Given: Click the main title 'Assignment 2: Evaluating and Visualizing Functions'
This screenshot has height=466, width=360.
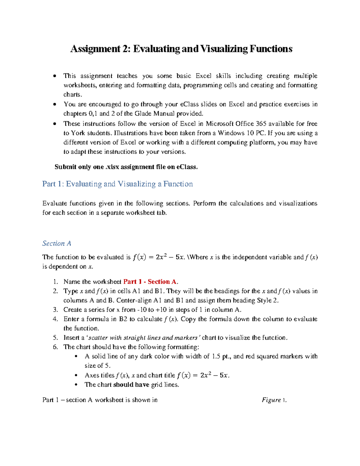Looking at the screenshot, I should [181, 49].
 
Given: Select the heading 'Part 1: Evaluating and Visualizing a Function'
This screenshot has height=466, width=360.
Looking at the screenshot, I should [117, 184].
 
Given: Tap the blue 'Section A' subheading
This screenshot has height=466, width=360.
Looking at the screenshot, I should [57, 243].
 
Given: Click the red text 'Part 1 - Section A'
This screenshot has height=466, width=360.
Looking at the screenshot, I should [150, 282].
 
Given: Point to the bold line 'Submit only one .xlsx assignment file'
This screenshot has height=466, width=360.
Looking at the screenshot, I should [126, 167].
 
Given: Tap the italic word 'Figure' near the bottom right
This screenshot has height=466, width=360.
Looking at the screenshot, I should [271, 400].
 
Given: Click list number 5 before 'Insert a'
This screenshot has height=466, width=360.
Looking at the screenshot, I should [55, 338].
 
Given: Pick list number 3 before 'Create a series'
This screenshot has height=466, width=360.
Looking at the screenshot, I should [55, 310].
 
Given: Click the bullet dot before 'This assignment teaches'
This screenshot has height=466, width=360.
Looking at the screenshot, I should [54, 76].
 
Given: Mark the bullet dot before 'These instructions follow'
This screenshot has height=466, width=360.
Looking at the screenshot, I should [54, 124].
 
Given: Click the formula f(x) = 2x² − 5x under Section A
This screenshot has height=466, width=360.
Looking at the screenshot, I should [158, 257].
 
